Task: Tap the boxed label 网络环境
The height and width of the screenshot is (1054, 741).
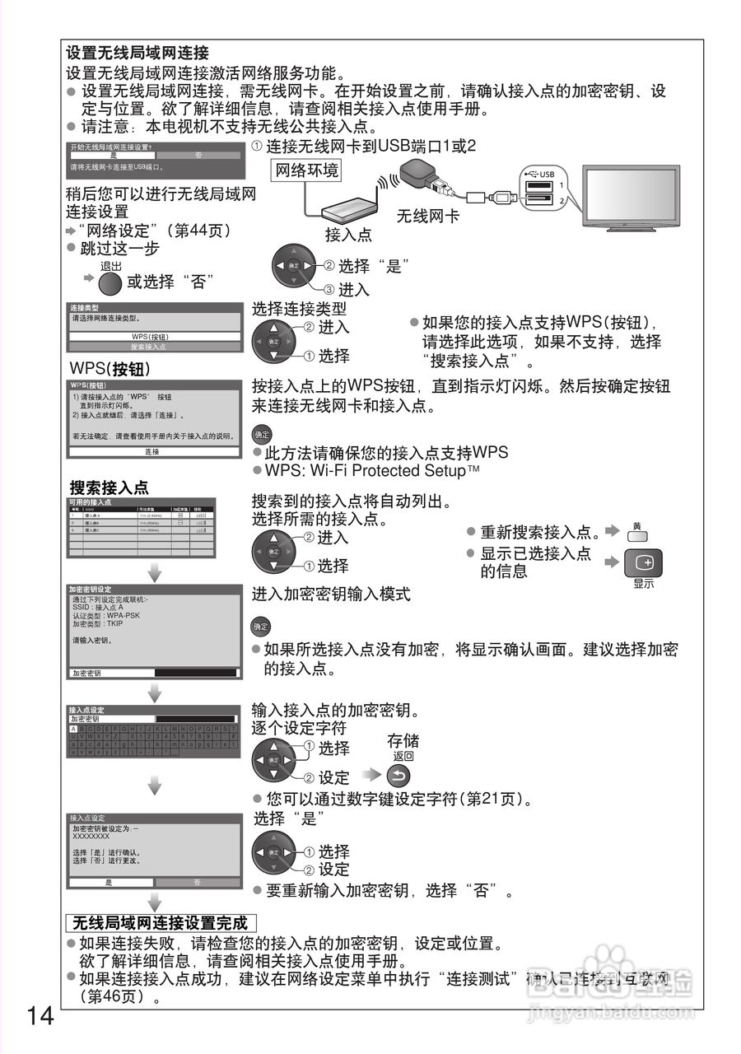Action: coord(305,171)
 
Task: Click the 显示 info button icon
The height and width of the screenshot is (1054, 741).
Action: coord(643,564)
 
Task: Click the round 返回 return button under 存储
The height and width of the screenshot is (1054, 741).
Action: coord(397,775)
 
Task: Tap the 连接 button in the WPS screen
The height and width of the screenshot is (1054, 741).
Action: coord(152,452)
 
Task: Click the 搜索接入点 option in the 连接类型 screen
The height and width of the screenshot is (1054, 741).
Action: coord(155,347)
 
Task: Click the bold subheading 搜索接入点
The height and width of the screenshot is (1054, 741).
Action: coord(109,487)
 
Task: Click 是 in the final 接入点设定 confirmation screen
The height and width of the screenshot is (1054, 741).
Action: coord(110,882)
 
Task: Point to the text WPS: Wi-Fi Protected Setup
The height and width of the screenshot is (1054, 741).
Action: coord(368,470)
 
